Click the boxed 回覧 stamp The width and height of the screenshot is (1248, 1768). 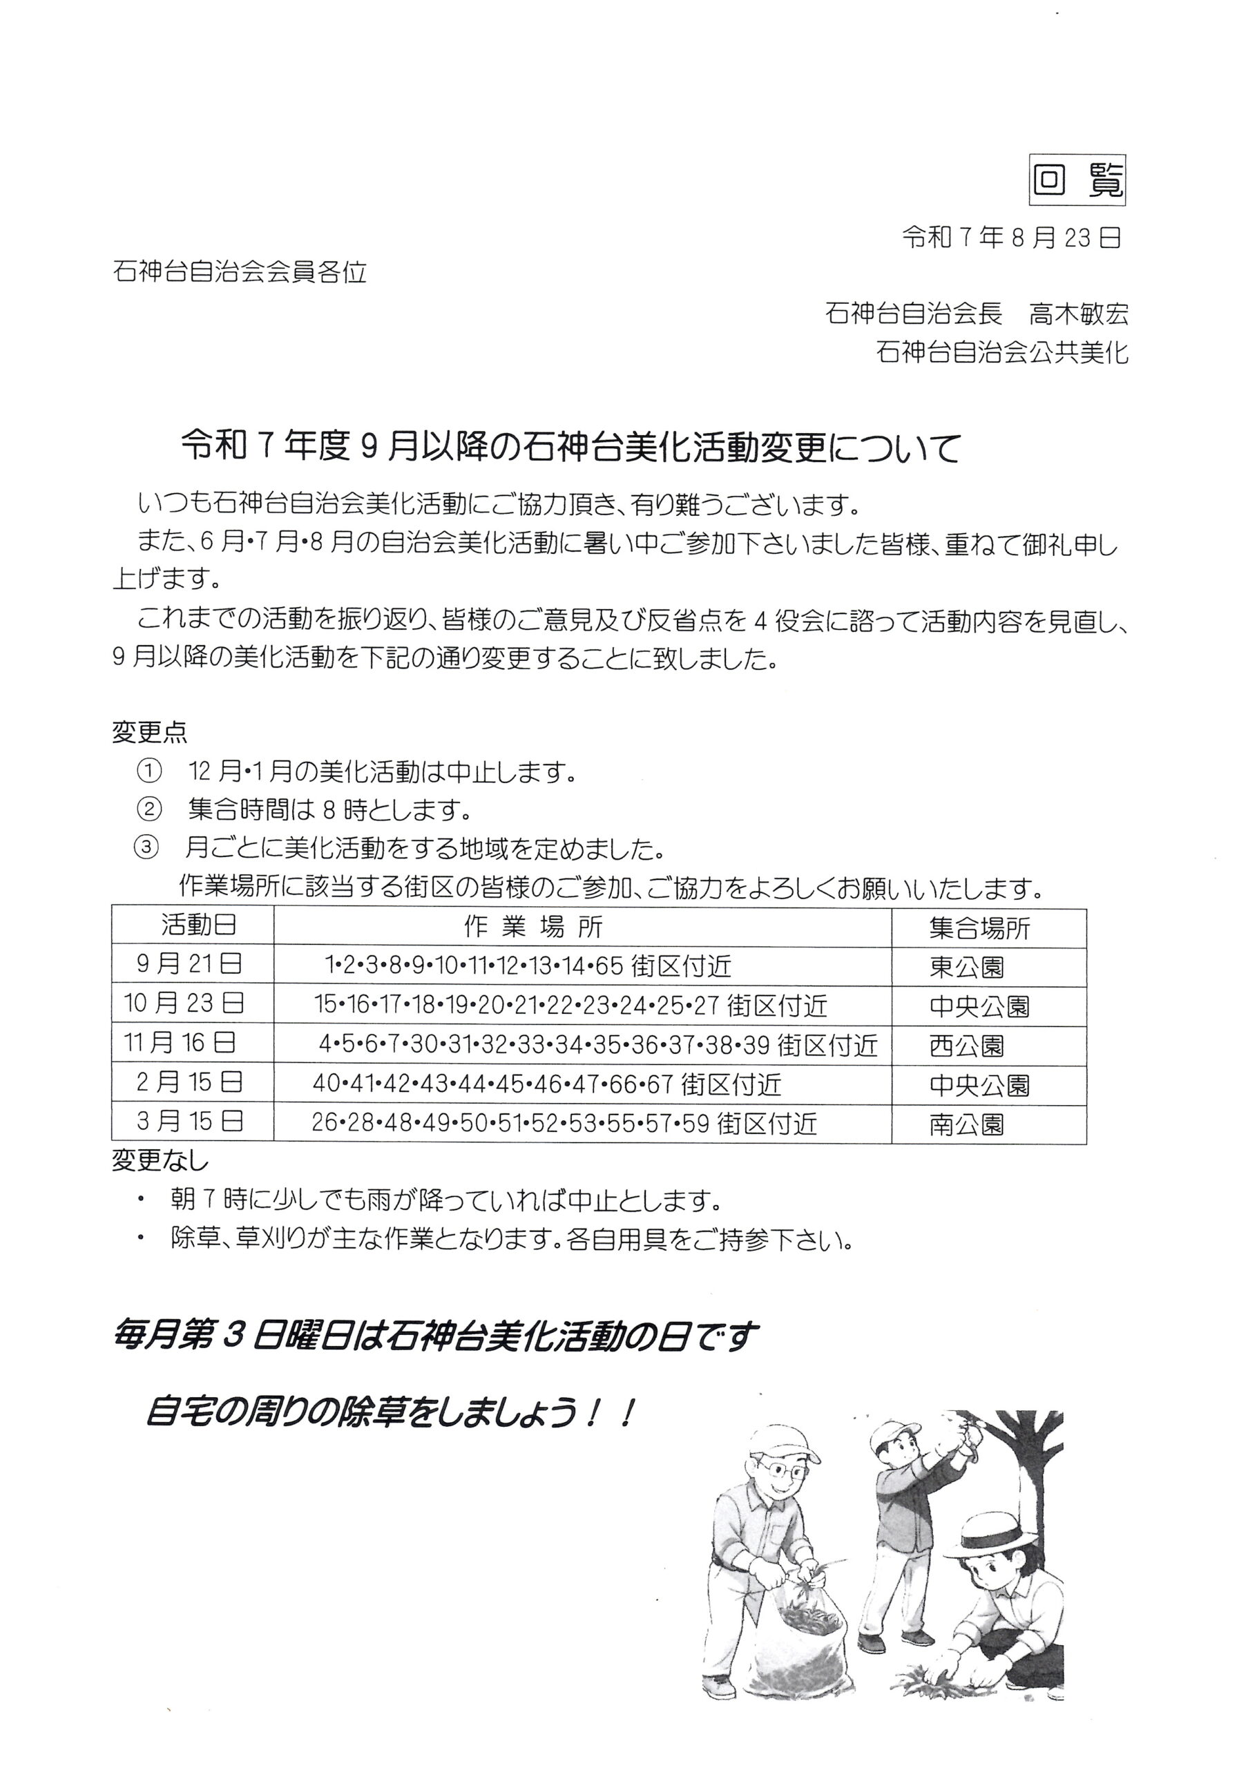click(1077, 182)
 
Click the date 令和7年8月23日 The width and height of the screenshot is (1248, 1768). click(1011, 239)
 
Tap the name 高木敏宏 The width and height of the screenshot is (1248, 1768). click(1079, 314)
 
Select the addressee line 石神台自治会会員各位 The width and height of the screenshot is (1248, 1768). click(240, 272)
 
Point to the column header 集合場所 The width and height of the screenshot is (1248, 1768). click(979, 928)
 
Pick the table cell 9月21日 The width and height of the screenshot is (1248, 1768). click(189, 964)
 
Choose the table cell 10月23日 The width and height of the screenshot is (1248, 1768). click(185, 1003)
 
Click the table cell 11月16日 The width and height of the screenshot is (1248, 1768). click(180, 1044)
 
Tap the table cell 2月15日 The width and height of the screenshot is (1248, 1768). click(189, 1083)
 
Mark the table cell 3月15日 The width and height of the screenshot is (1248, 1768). click(189, 1121)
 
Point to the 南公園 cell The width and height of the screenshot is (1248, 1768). click(967, 1125)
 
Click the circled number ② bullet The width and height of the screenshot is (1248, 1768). click(148, 809)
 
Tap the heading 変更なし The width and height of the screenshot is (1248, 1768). click(160, 1160)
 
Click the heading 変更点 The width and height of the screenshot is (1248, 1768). click(149, 731)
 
